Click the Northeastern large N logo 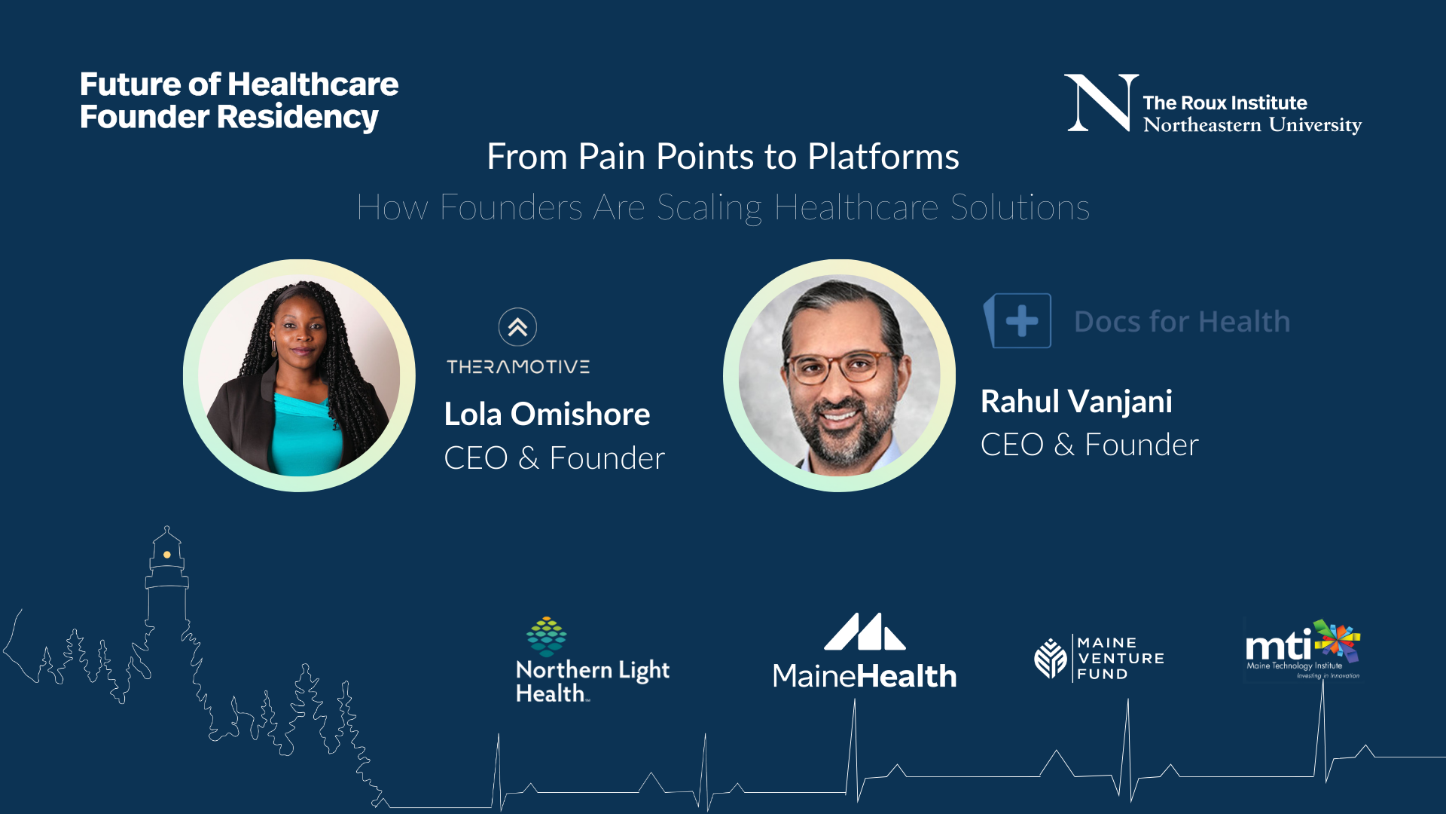(1101, 103)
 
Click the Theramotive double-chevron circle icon (517, 327)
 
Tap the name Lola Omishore (547, 414)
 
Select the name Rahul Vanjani (1076, 402)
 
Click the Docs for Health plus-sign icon (1017, 321)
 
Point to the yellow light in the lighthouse (167, 555)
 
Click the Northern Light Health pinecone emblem (546, 636)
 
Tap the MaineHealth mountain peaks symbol (865, 632)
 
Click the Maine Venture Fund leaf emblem (1051, 658)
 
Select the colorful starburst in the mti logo (1338, 641)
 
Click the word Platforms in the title (883, 157)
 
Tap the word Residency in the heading (297, 118)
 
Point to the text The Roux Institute (1225, 103)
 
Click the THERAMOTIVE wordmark (518, 367)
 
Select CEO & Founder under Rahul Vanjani (1089, 445)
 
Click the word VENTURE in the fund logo (1121, 659)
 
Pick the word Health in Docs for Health (1244, 322)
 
